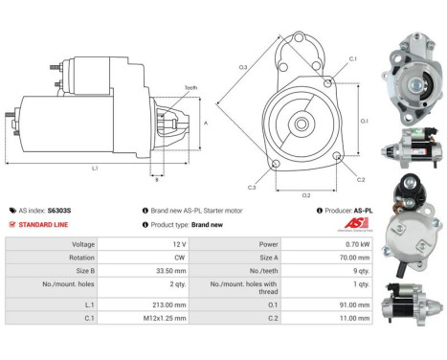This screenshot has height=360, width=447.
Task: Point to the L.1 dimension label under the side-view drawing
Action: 95,169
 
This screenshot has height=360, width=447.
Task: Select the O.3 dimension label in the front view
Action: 244,66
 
